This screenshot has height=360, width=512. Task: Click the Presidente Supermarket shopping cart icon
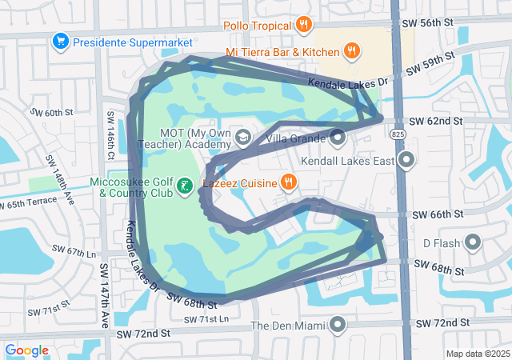pyautogui.click(x=59, y=40)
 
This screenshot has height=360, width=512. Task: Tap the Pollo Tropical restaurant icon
pyautogui.click(x=302, y=26)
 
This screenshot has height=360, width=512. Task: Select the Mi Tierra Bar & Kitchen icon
pyautogui.click(x=351, y=52)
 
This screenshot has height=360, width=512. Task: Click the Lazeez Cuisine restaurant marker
pyautogui.click(x=289, y=183)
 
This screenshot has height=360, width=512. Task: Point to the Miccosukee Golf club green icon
pyautogui.click(x=185, y=186)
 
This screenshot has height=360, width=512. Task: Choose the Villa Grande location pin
pyautogui.click(x=337, y=138)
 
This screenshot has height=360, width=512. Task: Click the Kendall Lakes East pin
pyautogui.click(x=407, y=161)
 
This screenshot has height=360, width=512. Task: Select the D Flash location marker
pyautogui.click(x=473, y=242)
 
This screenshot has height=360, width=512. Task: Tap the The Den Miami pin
pyautogui.click(x=338, y=325)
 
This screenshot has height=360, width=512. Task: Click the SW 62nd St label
pyautogui.click(x=435, y=121)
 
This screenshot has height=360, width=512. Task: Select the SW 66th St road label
pyautogui.click(x=438, y=214)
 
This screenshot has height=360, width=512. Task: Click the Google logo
pyautogui.click(x=27, y=350)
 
